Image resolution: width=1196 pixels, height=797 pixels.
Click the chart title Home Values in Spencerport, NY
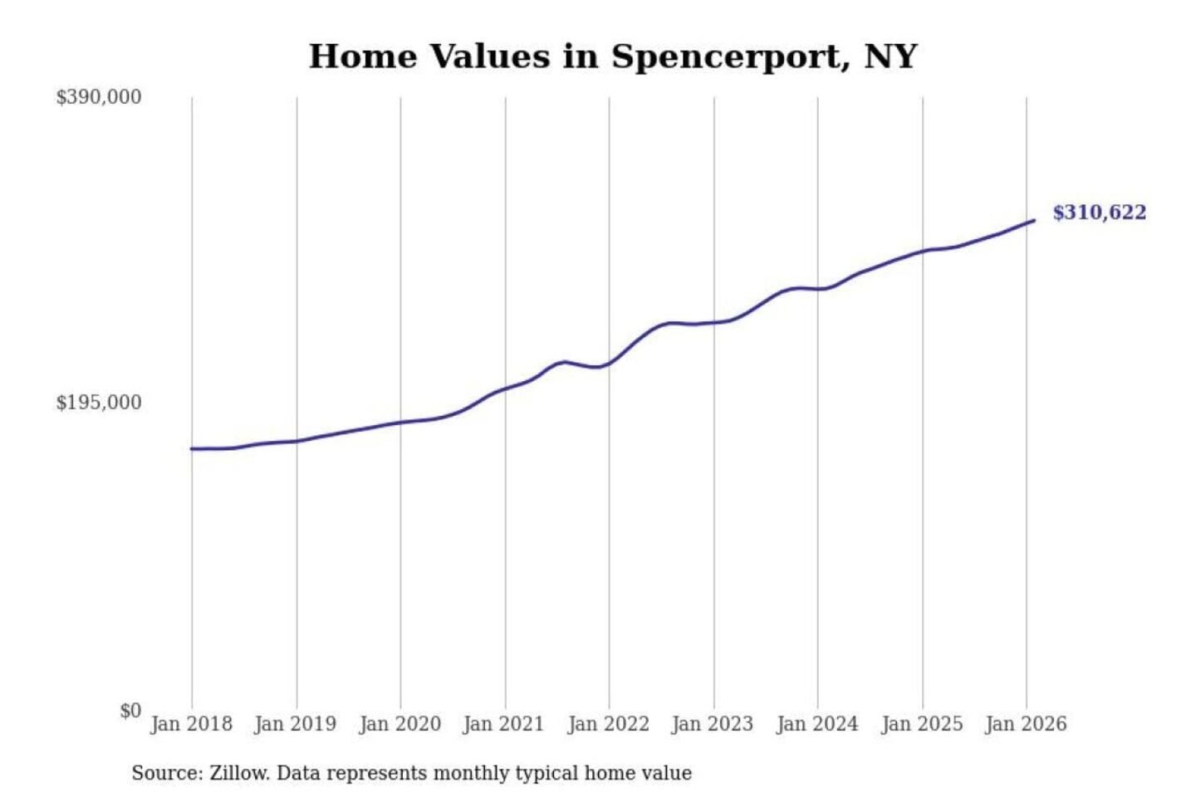(x=613, y=56)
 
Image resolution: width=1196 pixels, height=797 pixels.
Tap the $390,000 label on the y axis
(x=99, y=97)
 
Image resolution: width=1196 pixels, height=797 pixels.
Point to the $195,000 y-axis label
(x=99, y=403)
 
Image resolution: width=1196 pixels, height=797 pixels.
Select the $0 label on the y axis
(x=130, y=711)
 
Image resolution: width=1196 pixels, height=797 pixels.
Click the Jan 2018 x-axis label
(x=191, y=724)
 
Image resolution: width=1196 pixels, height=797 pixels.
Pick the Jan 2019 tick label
(x=295, y=724)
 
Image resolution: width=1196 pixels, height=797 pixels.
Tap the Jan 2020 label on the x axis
(x=399, y=724)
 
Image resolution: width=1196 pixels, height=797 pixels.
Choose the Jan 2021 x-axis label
(x=503, y=724)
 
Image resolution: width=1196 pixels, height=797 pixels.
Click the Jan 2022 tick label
(x=608, y=724)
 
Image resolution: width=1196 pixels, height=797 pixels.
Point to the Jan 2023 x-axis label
(x=712, y=724)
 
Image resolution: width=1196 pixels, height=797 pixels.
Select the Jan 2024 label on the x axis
(x=816, y=724)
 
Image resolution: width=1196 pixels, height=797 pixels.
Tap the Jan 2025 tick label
(x=921, y=724)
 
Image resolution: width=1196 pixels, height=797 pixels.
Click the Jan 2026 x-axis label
(x=1025, y=724)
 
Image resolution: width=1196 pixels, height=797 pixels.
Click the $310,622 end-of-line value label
(x=1099, y=213)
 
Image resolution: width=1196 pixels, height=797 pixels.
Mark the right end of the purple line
(x=1033, y=221)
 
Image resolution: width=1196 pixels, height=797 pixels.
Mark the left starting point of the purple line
(x=192, y=449)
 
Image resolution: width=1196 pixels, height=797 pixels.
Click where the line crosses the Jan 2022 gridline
(x=609, y=364)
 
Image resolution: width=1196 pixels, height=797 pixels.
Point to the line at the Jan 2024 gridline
(x=817, y=289)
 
